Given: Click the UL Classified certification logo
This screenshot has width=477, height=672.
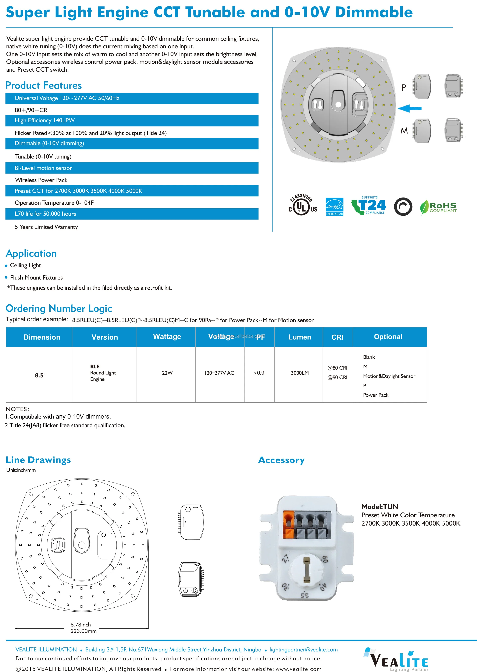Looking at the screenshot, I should point(303,205).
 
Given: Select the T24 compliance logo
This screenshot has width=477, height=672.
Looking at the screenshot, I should point(369,206).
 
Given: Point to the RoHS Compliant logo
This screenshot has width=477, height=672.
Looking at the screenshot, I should point(438,207).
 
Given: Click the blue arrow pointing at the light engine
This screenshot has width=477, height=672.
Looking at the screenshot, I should point(410,108).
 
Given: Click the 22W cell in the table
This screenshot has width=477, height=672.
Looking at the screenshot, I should point(167,373).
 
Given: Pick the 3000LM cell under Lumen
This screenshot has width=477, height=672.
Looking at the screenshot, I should point(300,373).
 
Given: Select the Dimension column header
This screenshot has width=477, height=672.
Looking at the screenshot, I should point(42,337).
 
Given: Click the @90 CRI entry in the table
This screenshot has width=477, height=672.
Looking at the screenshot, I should point(337,377).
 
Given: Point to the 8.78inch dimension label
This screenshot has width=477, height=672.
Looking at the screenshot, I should point(81,624).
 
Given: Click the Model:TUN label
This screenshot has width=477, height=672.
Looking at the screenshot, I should point(380,507).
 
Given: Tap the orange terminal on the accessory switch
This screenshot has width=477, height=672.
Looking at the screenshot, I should point(288,524).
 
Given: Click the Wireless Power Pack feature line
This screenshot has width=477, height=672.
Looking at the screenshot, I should point(41,180).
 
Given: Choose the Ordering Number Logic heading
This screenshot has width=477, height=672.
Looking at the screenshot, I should point(59,308).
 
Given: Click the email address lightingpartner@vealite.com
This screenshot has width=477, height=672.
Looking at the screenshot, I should point(303,650).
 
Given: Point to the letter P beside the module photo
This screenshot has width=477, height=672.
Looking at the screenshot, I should point(404,88).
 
